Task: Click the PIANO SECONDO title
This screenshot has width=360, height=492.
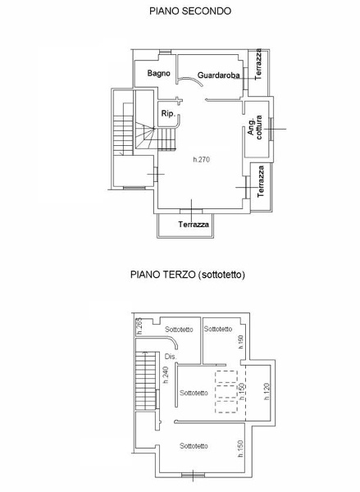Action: pyautogui.click(x=190, y=11)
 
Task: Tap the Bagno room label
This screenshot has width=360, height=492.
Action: pyautogui.click(x=159, y=74)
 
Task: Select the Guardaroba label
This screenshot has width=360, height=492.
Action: pyautogui.click(x=219, y=75)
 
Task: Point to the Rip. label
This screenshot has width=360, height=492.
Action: pyautogui.click(x=168, y=114)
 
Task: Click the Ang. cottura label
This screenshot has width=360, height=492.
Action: pyautogui.click(x=255, y=127)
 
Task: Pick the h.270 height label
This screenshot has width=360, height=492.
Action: pyautogui.click(x=202, y=159)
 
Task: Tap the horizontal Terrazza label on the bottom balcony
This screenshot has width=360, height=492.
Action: pyautogui.click(x=194, y=225)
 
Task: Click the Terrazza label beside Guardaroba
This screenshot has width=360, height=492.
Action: pyautogui.click(x=258, y=64)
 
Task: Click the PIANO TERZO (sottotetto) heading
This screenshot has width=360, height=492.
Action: pyautogui.click(x=188, y=275)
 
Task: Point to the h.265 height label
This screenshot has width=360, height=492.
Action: pyautogui.click(x=139, y=326)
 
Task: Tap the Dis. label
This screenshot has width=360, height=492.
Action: pyautogui.click(x=171, y=357)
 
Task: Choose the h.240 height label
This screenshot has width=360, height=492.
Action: pyautogui.click(x=166, y=375)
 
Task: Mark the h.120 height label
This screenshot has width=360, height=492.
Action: pyautogui.click(x=267, y=391)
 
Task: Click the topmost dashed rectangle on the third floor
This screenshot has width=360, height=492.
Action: pyautogui.click(x=226, y=376)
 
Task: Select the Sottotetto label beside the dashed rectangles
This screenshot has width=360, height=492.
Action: pyautogui.click(x=194, y=393)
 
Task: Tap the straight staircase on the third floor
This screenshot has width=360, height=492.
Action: pyautogui.click(x=146, y=380)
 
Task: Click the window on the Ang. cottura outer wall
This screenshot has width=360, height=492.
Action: pyautogui.click(x=271, y=129)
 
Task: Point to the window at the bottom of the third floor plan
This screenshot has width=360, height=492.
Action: pyautogui.click(x=193, y=476)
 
